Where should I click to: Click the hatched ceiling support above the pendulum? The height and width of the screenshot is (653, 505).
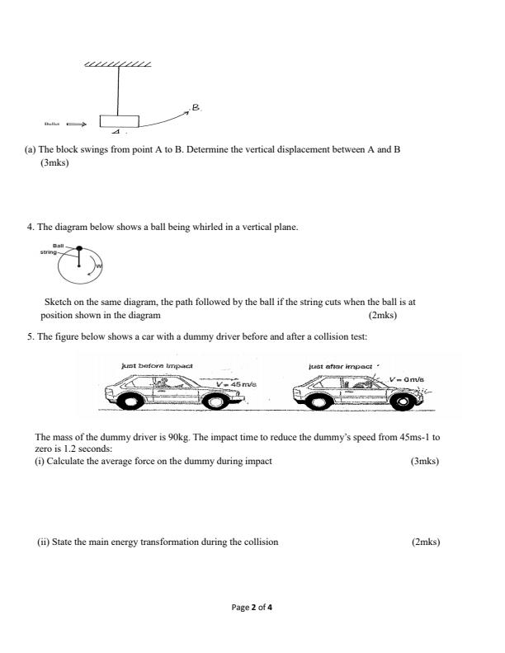(x=118, y=63)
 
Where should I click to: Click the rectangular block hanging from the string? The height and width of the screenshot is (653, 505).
(x=120, y=121)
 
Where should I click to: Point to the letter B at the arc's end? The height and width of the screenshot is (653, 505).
(x=196, y=107)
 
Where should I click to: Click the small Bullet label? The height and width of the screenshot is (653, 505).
(x=52, y=125)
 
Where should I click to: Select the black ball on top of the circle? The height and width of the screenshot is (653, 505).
(x=79, y=247)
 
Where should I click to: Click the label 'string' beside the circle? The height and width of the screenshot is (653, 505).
(x=48, y=251)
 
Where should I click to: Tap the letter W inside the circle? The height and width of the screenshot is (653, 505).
(x=97, y=266)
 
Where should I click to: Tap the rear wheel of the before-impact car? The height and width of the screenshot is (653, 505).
(x=130, y=402)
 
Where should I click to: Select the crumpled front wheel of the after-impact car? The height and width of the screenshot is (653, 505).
(x=404, y=402)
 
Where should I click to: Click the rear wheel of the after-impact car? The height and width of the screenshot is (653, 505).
(x=317, y=402)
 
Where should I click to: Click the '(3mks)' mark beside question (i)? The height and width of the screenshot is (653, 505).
(x=425, y=461)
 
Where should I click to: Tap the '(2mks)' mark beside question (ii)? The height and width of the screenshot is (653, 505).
(x=425, y=542)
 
